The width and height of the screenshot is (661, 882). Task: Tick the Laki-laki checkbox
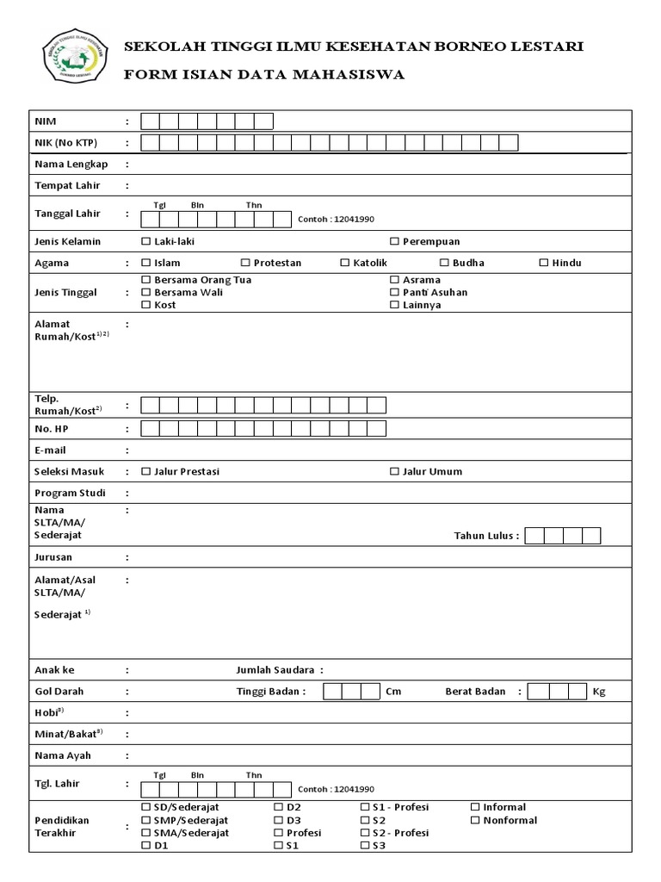[146, 242]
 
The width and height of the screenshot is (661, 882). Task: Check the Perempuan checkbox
[394, 242]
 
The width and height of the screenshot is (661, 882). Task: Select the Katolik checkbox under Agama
[345, 264]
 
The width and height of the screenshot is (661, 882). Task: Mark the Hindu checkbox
[543, 264]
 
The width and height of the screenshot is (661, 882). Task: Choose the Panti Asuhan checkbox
[394, 293]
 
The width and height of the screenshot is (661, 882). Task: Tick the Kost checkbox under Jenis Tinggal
[146, 306]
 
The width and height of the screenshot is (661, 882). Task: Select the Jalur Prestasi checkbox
[146, 472]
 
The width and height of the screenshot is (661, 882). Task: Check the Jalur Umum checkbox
[394, 472]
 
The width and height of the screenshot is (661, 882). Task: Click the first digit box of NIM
[150, 121]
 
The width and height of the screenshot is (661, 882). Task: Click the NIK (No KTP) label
[65, 143]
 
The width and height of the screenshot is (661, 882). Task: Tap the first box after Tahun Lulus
[534, 536]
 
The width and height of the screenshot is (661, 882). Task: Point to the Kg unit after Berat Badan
[599, 692]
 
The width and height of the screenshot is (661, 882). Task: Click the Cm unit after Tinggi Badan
[393, 692]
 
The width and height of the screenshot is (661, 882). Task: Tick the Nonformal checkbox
[476, 821]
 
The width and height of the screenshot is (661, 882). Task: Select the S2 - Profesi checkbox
[365, 834]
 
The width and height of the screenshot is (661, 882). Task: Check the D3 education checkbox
[279, 821]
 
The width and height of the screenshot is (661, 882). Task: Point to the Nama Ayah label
[62, 756]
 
